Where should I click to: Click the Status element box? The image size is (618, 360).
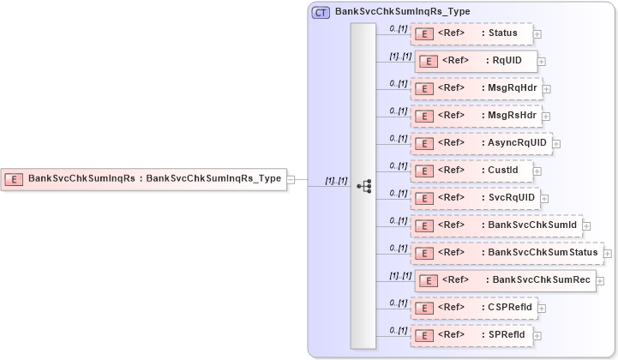click(471, 33)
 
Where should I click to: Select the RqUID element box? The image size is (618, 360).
click(476, 61)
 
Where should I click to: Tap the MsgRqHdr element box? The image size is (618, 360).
click(476, 88)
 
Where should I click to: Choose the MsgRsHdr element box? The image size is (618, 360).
click(476, 116)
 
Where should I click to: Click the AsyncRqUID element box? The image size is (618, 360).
click(481, 143)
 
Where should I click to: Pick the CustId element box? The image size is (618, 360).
click(471, 171)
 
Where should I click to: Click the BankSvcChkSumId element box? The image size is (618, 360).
click(496, 225)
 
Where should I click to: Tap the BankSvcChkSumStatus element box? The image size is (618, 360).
click(506, 253)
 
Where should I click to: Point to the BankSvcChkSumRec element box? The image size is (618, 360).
click(505, 280)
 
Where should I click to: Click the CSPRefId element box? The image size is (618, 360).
click(473, 307)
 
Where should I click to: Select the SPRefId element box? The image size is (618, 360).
click(472, 334)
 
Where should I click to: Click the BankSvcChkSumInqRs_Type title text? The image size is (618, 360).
click(390, 12)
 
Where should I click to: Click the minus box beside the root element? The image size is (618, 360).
click(291, 179)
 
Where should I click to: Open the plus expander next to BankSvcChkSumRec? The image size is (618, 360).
click(600, 280)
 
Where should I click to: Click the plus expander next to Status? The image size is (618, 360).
click(537, 34)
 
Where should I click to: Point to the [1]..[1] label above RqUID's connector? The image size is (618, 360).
click(400, 56)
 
